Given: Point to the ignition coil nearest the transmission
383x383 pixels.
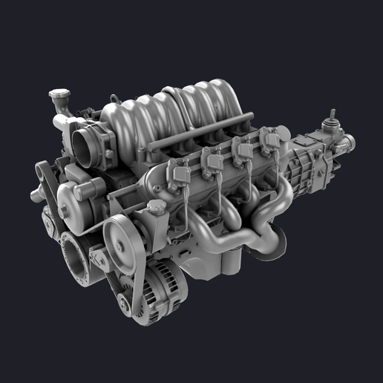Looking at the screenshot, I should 270,137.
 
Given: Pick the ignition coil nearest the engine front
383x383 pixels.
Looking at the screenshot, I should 179,174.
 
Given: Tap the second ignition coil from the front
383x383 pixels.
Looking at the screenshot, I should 212,160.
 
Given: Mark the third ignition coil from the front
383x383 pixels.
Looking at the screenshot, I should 241,148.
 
